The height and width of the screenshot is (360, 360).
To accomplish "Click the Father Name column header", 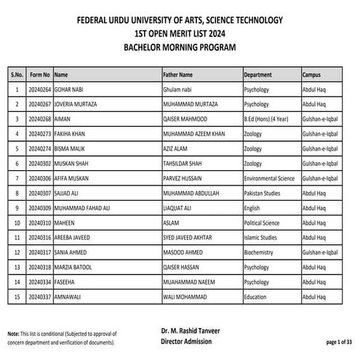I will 178,74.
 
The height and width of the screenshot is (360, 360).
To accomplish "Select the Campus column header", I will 312,74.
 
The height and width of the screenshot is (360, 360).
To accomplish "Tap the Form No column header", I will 39,74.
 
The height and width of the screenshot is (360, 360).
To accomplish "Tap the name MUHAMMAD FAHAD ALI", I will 82,209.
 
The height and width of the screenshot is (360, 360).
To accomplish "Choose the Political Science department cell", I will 263,223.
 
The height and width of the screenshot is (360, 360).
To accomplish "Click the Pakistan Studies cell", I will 265,193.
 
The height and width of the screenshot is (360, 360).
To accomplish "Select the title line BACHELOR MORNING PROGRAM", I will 180,47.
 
